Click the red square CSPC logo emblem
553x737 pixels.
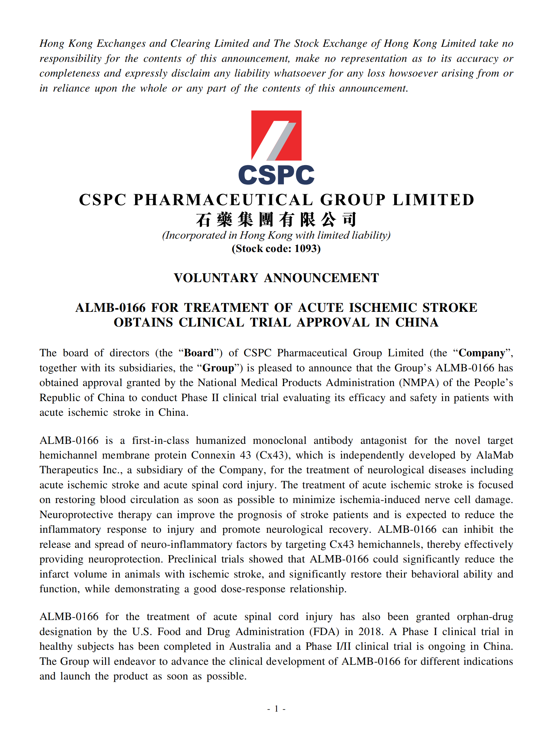[x=276, y=135]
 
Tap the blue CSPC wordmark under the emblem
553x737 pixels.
[x=276, y=175]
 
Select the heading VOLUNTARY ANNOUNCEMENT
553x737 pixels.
[x=276, y=278]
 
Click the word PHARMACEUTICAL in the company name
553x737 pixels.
[x=223, y=200]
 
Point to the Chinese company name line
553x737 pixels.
[x=276, y=220]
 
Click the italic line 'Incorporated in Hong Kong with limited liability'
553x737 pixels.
[x=276, y=235]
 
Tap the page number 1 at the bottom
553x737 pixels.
[x=276, y=709]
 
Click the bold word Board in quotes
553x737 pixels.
[x=199, y=353]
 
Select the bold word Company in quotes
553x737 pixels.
[x=481, y=353]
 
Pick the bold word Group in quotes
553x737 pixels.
[x=218, y=368]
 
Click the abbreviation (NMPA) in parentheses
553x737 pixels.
[x=419, y=383]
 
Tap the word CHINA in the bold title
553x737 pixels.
[x=417, y=323]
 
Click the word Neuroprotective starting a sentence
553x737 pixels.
[x=76, y=515]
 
